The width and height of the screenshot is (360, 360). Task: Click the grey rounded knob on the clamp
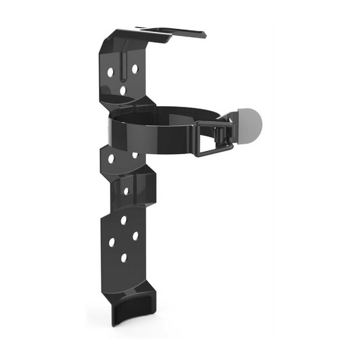point(250,122)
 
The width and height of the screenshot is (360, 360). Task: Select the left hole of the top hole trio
point(110,72)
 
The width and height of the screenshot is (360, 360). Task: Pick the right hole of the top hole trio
point(134,68)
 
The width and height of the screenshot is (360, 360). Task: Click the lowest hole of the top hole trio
point(123,91)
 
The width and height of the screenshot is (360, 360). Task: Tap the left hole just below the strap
point(111,159)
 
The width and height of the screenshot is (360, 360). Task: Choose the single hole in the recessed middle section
point(125,191)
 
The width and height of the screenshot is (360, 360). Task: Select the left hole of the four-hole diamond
point(112,243)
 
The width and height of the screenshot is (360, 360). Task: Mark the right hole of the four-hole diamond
point(135,236)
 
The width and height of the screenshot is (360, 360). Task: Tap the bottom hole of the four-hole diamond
point(124,258)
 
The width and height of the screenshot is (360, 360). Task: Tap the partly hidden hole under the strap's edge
point(135,155)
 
